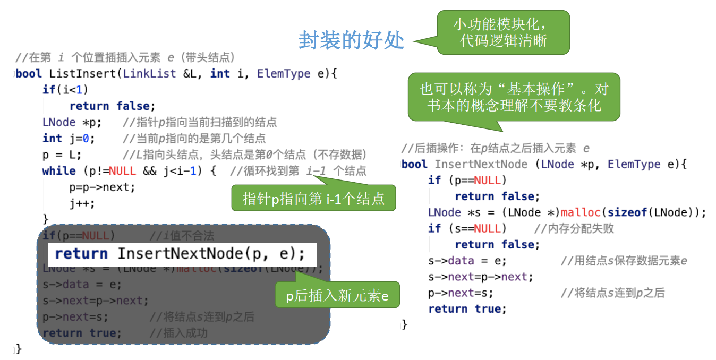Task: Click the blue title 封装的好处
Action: pos(351,40)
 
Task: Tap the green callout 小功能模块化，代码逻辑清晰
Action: pos(503,32)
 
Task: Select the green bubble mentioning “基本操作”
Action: pos(514,97)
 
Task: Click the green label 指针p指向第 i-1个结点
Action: pos(313,199)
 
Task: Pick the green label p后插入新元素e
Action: pos(337,295)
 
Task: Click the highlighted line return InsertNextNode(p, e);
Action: pos(181,254)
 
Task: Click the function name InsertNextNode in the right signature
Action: pos(481,164)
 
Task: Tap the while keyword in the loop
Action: pos(59,171)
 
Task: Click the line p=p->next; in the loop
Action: pos(102,187)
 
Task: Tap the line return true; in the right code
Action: pos(467,309)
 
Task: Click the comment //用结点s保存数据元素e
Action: pos(624,261)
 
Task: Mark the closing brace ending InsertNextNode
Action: pos(404,324)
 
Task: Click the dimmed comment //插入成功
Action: pos(178,333)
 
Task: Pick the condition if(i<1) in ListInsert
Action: pos(65,90)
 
